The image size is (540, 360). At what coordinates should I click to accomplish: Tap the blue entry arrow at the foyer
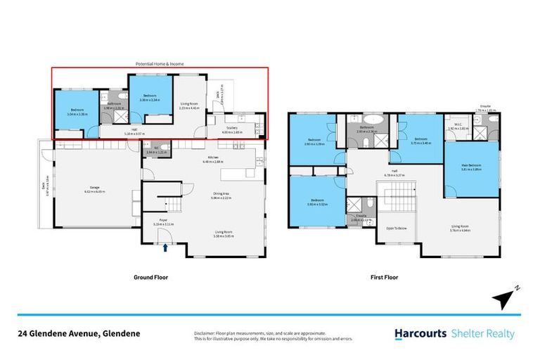(x=166, y=247)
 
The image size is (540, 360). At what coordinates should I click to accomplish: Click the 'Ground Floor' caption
(x=150, y=277)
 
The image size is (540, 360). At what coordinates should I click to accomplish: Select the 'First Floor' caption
(x=384, y=277)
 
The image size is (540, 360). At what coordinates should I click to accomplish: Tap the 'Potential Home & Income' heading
(x=160, y=64)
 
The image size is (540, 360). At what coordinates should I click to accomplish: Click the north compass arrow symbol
(x=503, y=298)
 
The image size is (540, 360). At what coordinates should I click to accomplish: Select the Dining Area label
(x=224, y=196)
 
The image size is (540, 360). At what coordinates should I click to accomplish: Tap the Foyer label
(x=162, y=221)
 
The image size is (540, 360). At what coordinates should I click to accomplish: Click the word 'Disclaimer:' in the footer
(x=205, y=332)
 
